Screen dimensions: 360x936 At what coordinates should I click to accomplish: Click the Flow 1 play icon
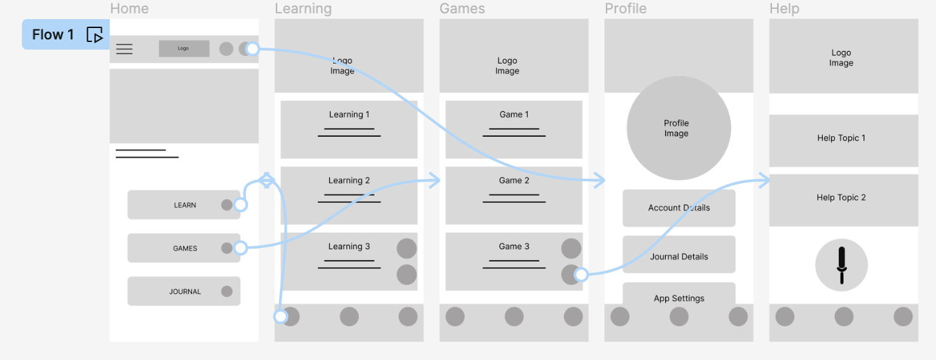(x=95, y=35)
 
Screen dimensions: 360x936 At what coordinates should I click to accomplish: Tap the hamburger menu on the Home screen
(x=125, y=49)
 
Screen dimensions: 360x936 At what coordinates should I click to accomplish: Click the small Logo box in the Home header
(x=184, y=48)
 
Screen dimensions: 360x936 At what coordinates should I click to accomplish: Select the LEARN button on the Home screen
(x=184, y=205)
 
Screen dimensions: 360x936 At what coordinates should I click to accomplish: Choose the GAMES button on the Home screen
(x=184, y=248)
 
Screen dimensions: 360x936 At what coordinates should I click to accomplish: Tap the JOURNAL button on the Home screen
(x=184, y=291)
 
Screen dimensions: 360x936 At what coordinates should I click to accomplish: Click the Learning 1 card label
(x=349, y=114)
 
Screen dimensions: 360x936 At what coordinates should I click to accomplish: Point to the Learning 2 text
(x=349, y=181)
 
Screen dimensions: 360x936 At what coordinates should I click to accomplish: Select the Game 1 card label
(x=514, y=114)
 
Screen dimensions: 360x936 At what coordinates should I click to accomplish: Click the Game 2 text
(x=514, y=181)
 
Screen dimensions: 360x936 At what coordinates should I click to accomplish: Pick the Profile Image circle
(x=678, y=128)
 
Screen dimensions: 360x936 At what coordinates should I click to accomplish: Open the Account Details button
(x=678, y=208)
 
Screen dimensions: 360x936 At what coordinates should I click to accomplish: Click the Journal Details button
(x=678, y=256)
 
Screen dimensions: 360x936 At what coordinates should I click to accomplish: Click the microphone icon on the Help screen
(x=841, y=265)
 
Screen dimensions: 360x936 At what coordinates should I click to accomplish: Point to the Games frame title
(x=462, y=9)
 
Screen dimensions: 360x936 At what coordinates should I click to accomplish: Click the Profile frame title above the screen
(x=625, y=9)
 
